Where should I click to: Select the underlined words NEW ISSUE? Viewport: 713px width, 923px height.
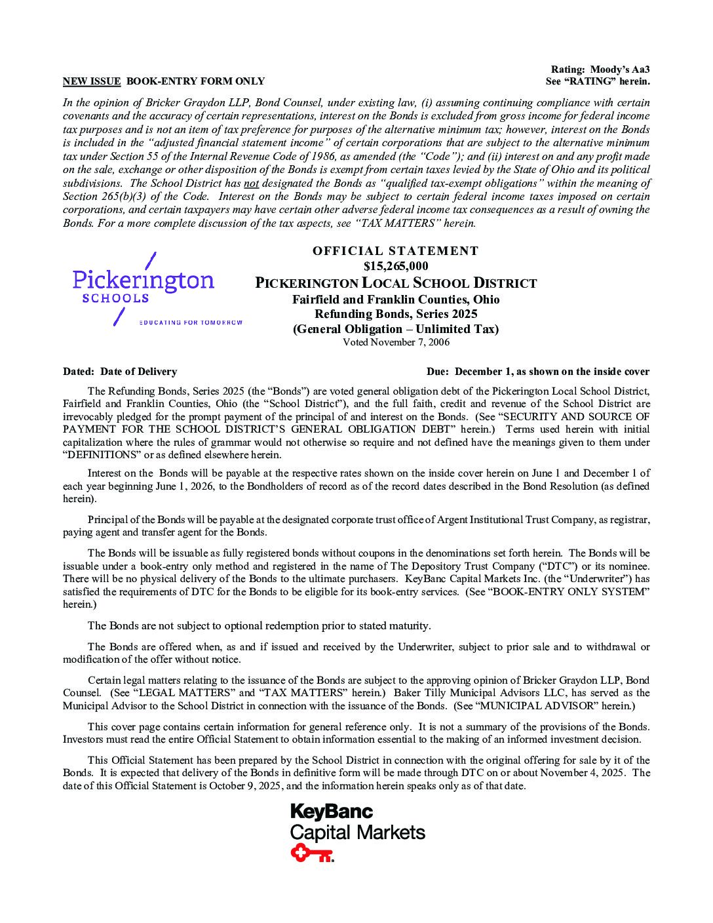pos(92,81)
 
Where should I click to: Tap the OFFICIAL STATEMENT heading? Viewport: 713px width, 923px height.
pos(395,250)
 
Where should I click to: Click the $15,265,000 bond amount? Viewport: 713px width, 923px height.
pos(395,266)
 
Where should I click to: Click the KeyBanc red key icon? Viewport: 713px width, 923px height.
pos(312,853)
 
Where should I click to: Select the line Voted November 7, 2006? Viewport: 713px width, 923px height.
pos(396,342)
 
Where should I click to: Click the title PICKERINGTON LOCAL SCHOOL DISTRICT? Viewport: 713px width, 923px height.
pos(396,283)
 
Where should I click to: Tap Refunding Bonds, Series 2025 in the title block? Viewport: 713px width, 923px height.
pos(396,314)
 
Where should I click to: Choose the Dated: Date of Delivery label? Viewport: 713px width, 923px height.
pos(120,372)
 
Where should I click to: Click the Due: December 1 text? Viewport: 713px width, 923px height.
pos(537,372)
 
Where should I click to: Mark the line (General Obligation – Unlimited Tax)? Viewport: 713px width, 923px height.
pos(396,329)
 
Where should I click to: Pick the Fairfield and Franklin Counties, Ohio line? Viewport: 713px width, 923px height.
pos(396,300)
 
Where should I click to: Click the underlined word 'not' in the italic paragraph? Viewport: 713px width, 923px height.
pos(250,184)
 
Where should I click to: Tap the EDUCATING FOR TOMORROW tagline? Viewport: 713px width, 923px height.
pos(191,323)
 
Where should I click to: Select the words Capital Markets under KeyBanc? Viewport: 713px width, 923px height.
pos(358,833)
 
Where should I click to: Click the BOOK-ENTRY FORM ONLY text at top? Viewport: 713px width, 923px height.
pos(195,81)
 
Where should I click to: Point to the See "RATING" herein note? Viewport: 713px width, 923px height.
pos(597,81)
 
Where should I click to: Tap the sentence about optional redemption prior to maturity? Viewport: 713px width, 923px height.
pos(259,625)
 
